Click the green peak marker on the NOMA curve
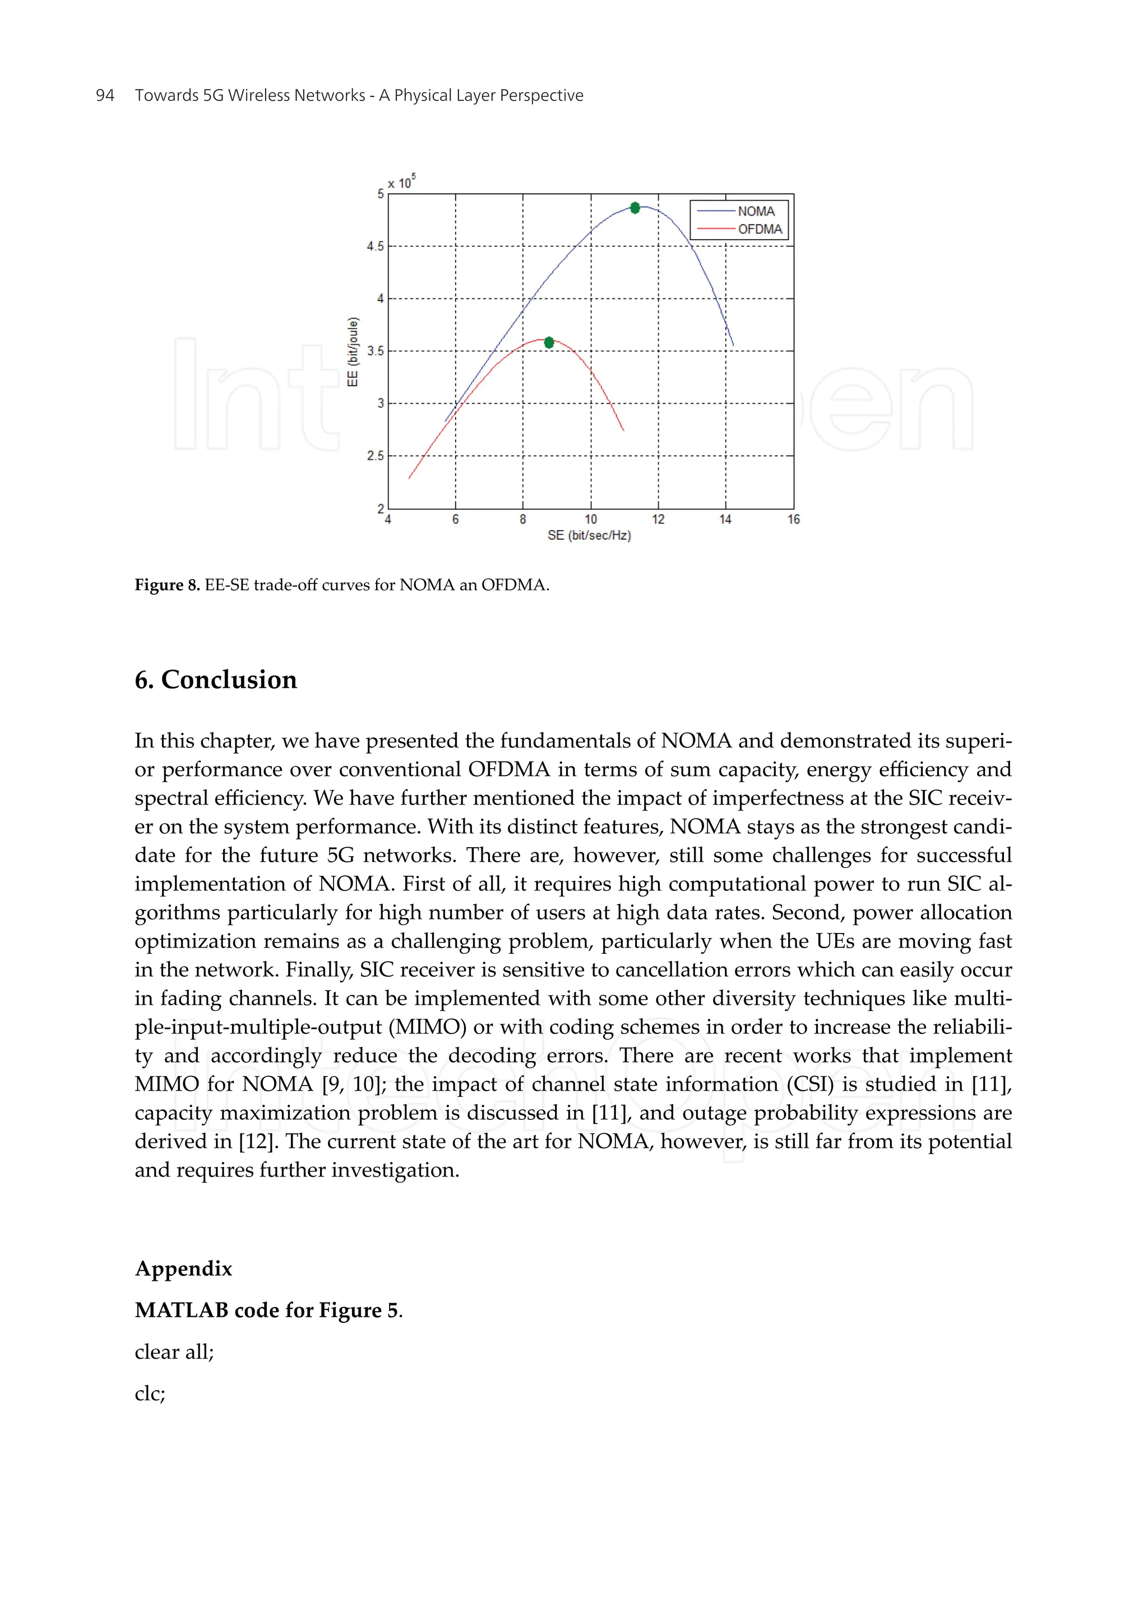point(635,207)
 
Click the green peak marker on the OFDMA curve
point(549,342)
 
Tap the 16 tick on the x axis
point(793,519)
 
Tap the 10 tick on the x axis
point(590,519)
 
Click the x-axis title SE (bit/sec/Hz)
point(589,535)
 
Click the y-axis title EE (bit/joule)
point(353,352)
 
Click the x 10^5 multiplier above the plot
point(401,182)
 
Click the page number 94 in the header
point(105,95)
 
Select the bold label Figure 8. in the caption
point(168,585)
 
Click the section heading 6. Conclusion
point(216,680)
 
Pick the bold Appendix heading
point(183,1269)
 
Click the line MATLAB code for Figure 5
point(269,1310)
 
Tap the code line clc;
point(150,1394)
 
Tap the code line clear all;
point(174,1352)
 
